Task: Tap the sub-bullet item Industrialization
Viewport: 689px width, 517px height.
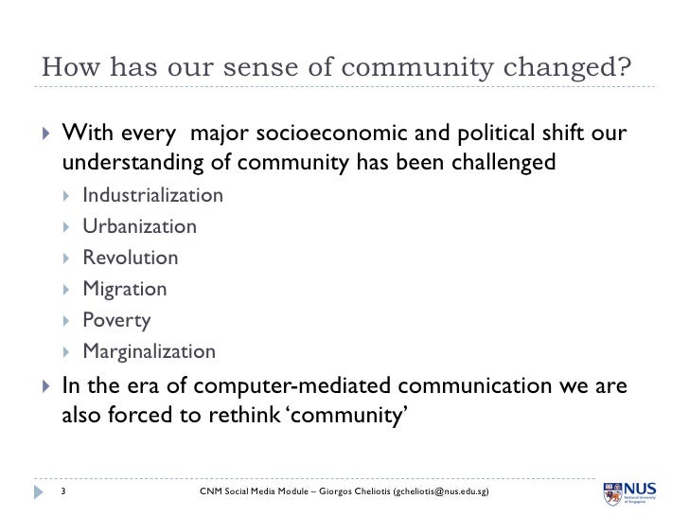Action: tap(152, 196)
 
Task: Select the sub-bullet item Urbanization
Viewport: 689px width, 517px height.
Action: tap(139, 227)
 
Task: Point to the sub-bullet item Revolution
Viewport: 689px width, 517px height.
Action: tap(130, 258)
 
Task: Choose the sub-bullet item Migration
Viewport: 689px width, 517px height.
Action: tap(124, 289)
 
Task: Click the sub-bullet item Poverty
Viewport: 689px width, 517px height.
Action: tap(115, 320)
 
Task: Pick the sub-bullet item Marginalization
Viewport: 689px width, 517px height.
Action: tap(149, 351)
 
